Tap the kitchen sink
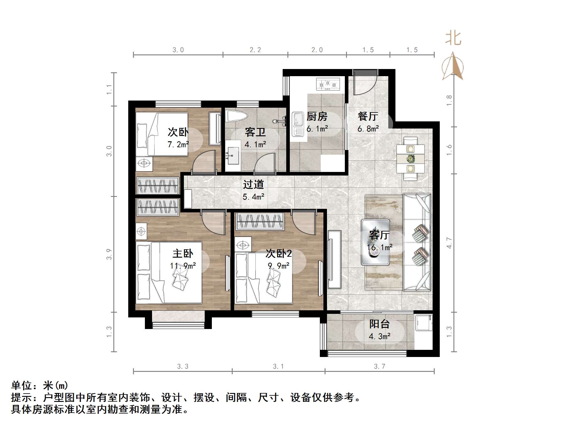click(x=298, y=124)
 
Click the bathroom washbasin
click(x=232, y=155)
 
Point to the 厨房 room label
click(x=317, y=116)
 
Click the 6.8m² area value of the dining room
click(x=368, y=129)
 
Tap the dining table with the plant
click(x=410, y=158)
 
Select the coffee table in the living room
click(x=375, y=242)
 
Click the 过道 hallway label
click(x=254, y=184)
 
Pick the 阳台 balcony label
click(x=379, y=324)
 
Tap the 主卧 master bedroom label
click(x=183, y=253)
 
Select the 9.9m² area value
click(x=278, y=266)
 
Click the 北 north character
click(x=453, y=39)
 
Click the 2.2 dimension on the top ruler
click(x=255, y=50)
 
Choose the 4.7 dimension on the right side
click(x=449, y=243)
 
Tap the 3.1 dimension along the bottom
click(x=278, y=367)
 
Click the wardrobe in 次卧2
click(x=260, y=222)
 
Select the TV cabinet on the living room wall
click(x=334, y=259)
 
